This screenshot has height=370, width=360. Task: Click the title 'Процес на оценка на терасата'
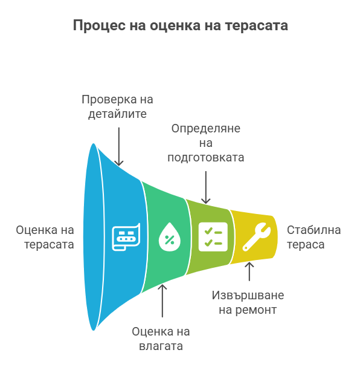point(181,25)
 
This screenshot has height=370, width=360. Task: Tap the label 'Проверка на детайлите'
point(117,106)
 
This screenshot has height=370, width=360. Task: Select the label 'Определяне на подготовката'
point(206,143)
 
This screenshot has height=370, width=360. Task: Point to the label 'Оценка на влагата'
point(161,339)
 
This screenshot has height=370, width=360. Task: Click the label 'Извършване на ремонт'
point(248,302)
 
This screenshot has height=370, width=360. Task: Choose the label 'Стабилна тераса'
point(313,237)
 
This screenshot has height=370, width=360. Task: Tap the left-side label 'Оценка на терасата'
point(45,237)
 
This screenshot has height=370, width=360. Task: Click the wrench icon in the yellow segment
point(257,236)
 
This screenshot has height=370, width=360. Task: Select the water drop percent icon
point(170,236)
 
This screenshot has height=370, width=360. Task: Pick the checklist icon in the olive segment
point(213,236)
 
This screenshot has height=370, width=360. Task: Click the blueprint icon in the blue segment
point(126,236)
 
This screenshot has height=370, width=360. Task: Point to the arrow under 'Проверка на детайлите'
point(119,146)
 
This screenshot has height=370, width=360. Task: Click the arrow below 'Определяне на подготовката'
point(206,187)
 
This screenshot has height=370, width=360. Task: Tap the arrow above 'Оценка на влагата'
point(162,301)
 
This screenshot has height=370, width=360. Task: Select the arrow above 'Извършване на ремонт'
point(249,271)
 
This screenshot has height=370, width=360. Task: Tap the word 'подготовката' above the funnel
point(206,157)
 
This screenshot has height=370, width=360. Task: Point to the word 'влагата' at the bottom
point(161,346)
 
